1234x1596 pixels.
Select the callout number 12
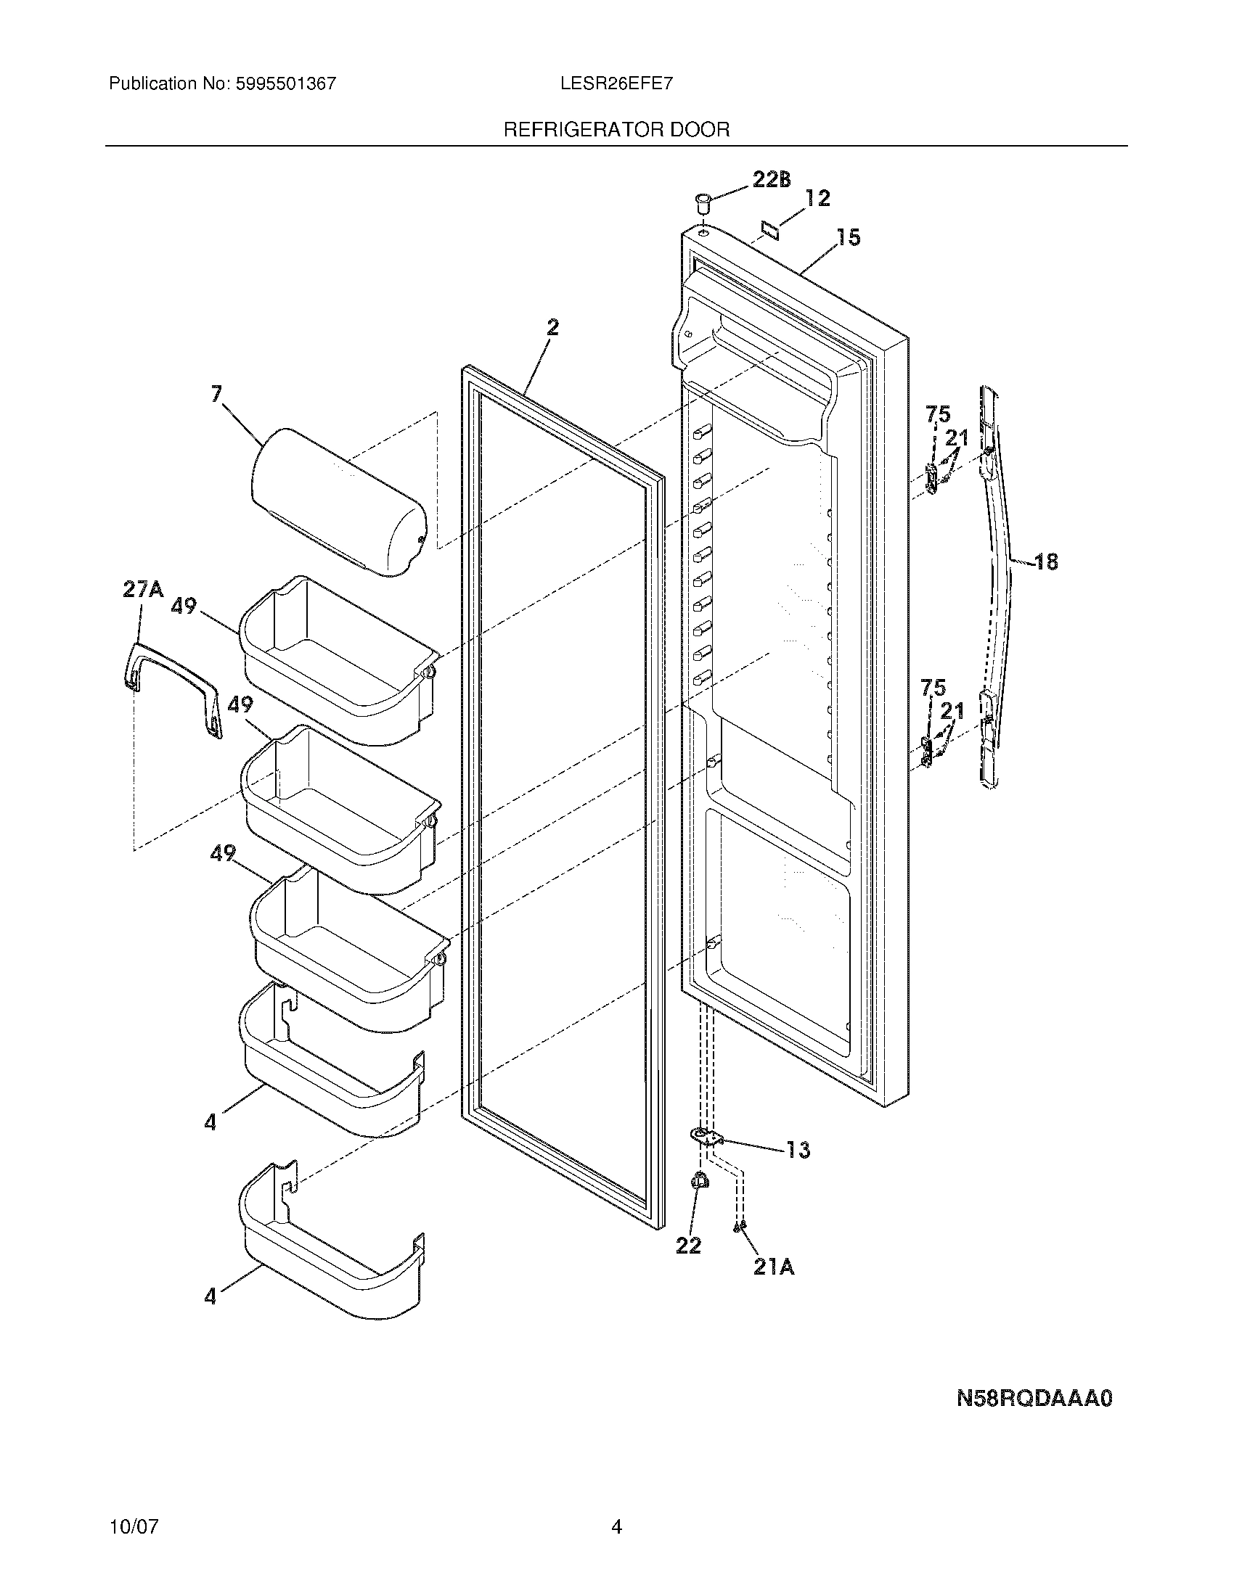817,198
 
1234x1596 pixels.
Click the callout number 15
848,237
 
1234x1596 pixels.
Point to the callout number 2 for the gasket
552,328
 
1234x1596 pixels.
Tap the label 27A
143,589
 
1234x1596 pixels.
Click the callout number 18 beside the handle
1046,562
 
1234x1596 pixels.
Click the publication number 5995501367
286,84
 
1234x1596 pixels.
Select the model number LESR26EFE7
616,84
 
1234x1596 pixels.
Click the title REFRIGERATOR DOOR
616,130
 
